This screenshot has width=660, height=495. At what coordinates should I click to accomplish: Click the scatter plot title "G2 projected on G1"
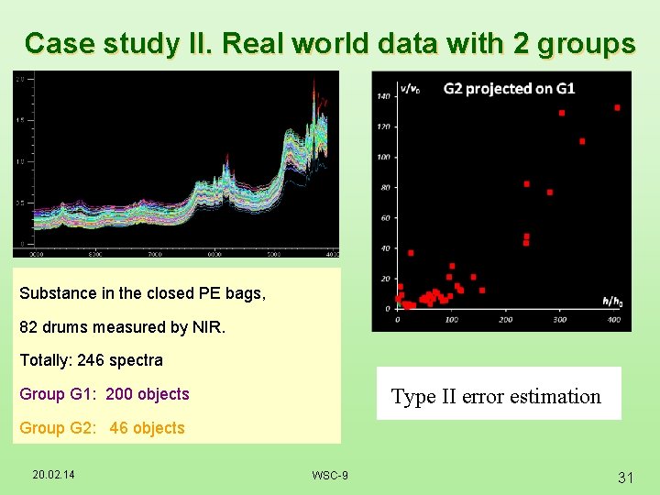[x=509, y=89]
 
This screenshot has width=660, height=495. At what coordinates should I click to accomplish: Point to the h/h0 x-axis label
[x=610, y=301]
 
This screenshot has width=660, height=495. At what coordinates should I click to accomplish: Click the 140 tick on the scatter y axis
[x=383, y=96]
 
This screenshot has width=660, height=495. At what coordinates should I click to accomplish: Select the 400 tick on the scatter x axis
[x=613, y=320]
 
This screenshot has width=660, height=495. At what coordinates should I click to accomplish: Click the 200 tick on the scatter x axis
[x=505, y=320]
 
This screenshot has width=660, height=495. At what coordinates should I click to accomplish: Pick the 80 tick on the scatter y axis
[x=385, y=188]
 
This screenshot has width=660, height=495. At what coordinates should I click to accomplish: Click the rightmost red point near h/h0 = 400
[x=617, y=107]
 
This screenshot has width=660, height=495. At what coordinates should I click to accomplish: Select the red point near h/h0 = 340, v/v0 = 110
[x=582, y=141]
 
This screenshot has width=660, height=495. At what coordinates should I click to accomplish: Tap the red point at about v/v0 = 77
[x=549, y=192]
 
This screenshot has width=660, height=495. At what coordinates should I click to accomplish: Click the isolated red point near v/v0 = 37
[x=411, y=253]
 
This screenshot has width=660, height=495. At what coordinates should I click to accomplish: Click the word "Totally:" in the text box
[x=46, y=360]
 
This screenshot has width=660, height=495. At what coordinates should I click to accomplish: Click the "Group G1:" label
[x=59, y=394]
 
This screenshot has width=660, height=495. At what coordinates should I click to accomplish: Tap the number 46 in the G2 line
[x=118, y=428]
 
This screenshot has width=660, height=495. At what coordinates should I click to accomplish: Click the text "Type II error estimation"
[x=496, y=397]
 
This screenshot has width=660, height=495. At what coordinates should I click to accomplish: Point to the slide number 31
[x=626, y=477]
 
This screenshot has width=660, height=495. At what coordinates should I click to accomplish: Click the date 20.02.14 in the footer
[x=54, y=474]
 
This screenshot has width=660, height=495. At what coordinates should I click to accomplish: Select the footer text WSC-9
[x=329, y=475]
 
